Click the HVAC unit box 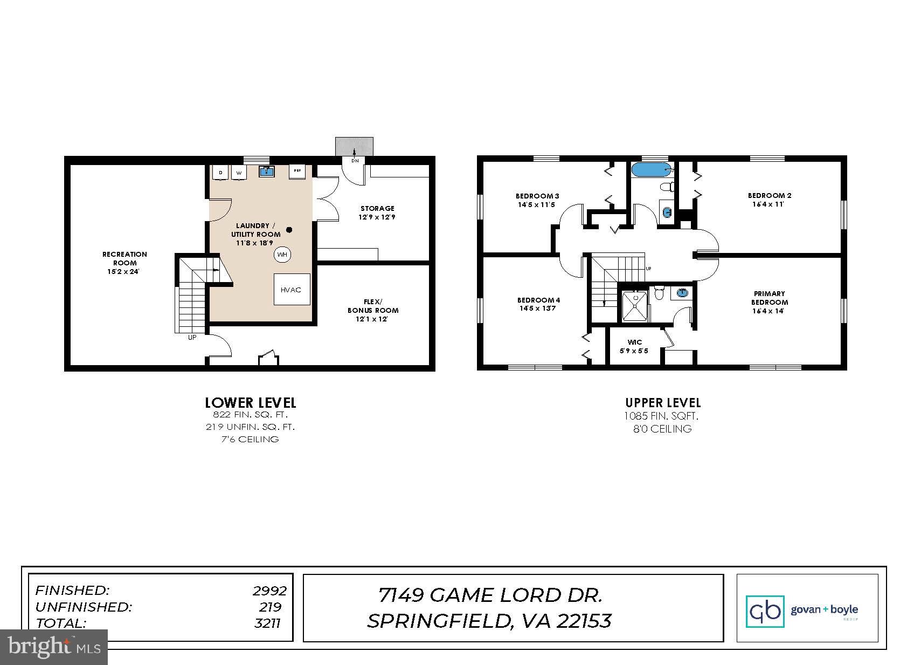click(292, 290)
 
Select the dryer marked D click(220, 172)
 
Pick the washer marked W click(238, 172)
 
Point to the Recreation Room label click(124, 263)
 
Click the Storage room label click(377, 212)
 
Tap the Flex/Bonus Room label click(373, 310)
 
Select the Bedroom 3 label click(537, 200)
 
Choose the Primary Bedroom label click(769, 302)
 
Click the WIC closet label click(634, 346)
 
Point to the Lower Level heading click(250, 403)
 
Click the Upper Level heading click(662, 403)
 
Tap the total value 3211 click(267, 623)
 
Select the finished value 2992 click(269, 591)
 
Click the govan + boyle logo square click(765, 611)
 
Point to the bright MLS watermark click(54, 647)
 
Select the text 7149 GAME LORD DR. click(490, 595)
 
